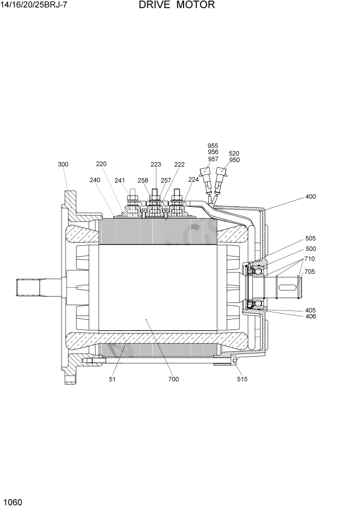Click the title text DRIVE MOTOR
(x=176, y=6)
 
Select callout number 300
(x=63, y=165)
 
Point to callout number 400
(x=310, y=197)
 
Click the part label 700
(x=173, y=379)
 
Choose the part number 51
(x=112, y=379)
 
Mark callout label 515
(x=242, y=379)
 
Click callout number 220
(x=101, y=164)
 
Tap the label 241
(x=119, y=180)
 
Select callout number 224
(x=193, y=180)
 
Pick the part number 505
(x=310, y=239)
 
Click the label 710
(x=310, y=259)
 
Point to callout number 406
(x=310, y=317)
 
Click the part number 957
(x=213, y=159)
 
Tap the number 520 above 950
(x=234, y=153)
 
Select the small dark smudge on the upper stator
(x=194, y=227)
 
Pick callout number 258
(x=143, y=180)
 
